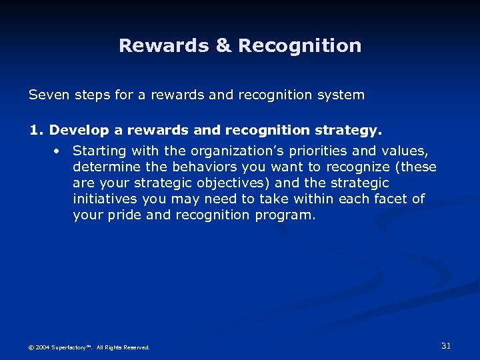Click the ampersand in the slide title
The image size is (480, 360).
point(221,46)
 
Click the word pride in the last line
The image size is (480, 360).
point(121,215)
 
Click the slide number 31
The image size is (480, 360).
point(446,345)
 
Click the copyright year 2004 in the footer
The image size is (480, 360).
point(41,347)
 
